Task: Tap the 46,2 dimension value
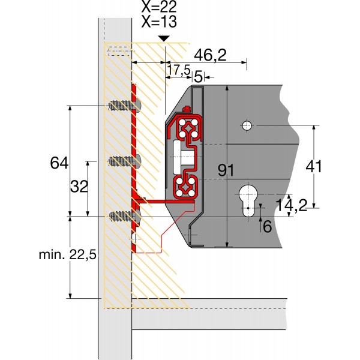tap(211, 55)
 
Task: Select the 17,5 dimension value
tap(179, 71)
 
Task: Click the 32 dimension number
tap(79, 187)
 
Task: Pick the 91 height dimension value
tap(226, 170)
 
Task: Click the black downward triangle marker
tap(164, 39)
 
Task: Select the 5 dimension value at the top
tap(199, 76)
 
